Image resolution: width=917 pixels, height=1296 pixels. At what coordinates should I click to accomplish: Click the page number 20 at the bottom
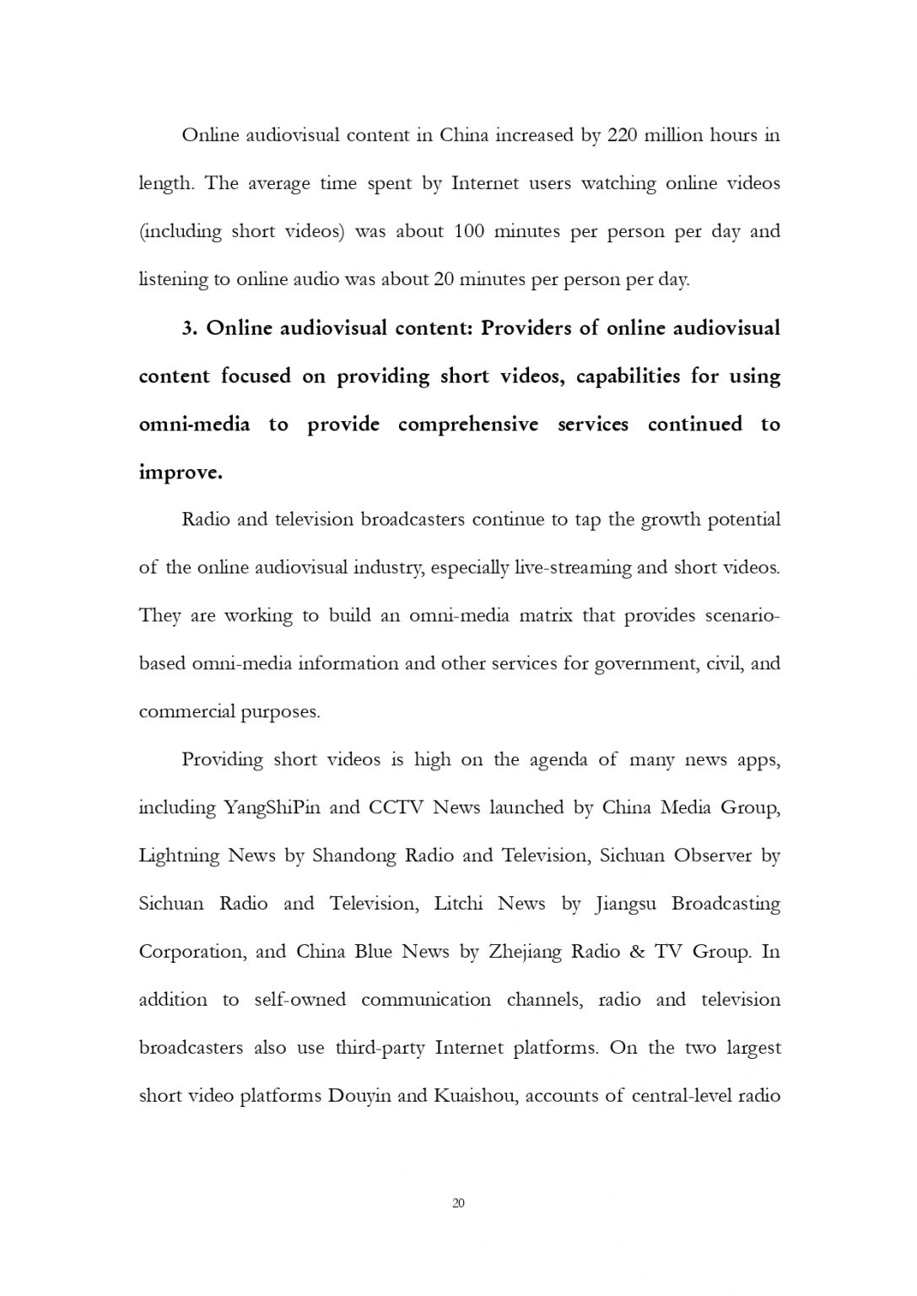[x=458, y=1202]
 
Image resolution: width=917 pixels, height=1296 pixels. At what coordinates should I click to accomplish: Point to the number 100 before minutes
[x=469, y=231]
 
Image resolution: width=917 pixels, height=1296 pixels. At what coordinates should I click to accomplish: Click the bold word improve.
[x=181, y=472]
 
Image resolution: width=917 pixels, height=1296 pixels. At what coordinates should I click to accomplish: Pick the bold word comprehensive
[x=467, y=424]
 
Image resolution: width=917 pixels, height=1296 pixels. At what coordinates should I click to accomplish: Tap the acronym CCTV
[x=396, y=807]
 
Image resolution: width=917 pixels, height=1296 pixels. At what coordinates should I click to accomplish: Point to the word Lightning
[x=178, y=856]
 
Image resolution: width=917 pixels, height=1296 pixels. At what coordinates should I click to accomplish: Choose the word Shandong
[x=353, y=856]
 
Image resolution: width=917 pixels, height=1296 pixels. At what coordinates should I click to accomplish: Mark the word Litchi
[x=458, y=904]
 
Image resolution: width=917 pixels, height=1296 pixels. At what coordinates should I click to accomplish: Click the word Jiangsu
[x=626, y=904]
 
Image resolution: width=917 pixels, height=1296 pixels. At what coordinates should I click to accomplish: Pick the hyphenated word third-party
[x=380, y=1048]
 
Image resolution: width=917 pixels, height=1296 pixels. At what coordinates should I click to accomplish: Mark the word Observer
[x=712, y=856]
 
